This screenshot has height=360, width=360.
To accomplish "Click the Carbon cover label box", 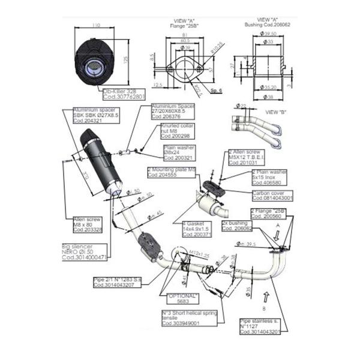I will click(x=272, y=195).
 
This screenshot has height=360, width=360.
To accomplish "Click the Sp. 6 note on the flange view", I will click(x=217, y=90).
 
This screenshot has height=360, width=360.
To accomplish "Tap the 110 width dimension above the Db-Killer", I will click(x=95, y=26).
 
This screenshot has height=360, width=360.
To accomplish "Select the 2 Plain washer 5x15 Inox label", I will click(x=269, y=175).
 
